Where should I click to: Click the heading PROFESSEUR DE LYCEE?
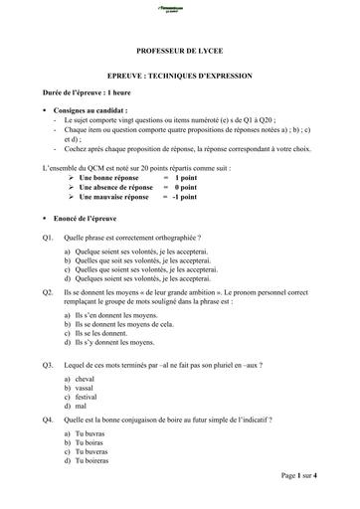[x=180, y=48]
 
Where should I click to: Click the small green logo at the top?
[x=180, y=8]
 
